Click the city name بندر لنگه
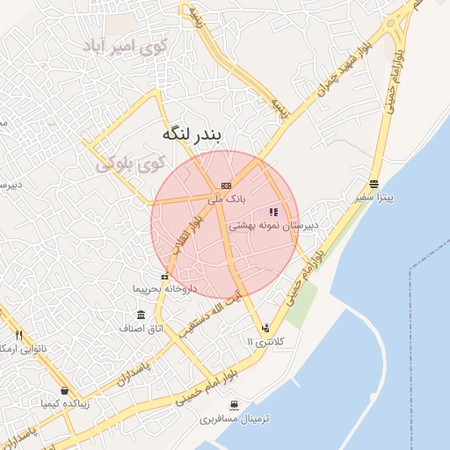click(x=193, y=136)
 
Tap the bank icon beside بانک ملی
click(x=226, y=185)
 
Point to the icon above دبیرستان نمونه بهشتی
click(x=273, y=212)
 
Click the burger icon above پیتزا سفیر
click(x=374, y=185)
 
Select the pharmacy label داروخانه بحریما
click(x=164, y=288)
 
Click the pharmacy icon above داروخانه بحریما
click(x=163, y=276)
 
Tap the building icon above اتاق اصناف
click(x=142, y=315)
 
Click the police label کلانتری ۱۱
click(x=264, y=340)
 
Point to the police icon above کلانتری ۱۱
click(x=265, y=327)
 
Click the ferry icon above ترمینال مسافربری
click(x=233, y=405)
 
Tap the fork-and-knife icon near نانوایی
click(x=18, y=335)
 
